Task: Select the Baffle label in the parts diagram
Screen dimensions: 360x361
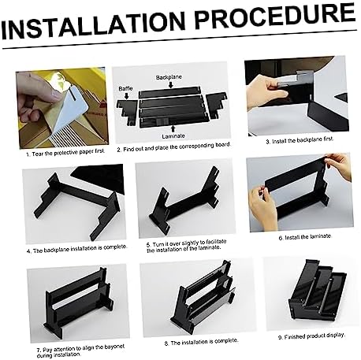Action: [126, 88]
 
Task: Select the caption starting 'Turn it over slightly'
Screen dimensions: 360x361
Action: [180, 248]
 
